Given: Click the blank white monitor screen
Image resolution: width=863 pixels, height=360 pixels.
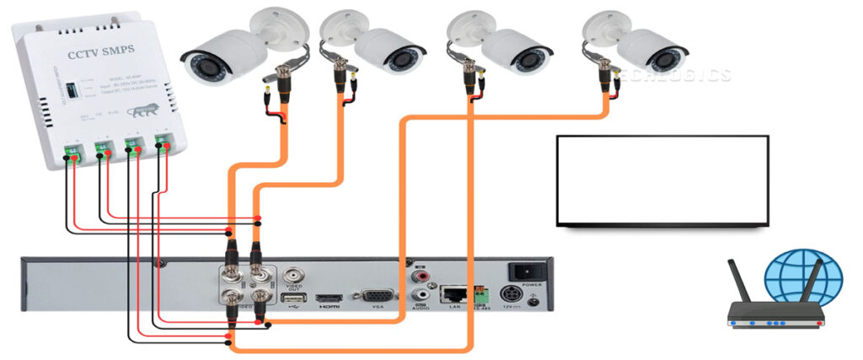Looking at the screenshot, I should point(662,179).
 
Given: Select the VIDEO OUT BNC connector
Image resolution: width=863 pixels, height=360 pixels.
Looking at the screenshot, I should point(294,277).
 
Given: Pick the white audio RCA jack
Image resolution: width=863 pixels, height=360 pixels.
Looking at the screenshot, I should point(419,296).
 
